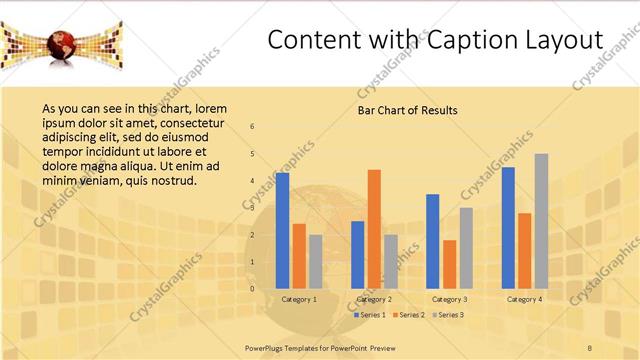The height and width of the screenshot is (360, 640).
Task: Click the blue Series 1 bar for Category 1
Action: tap(283, 231)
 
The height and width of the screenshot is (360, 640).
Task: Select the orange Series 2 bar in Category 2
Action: tap(374, 229)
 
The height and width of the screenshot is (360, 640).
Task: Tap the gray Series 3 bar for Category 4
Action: tap(541, 221)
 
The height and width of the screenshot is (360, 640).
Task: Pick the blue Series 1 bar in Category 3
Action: tap(433, 241)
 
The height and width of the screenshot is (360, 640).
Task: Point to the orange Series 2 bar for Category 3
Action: tap(449, 264)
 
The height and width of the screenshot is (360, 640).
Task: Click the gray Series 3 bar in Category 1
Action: tap(316, 261)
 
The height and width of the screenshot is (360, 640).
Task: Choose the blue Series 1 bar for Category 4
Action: tap(508, 228)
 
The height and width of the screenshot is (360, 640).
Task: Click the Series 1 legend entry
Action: tap(373, 315)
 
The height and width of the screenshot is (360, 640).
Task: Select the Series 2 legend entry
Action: tap(410, 315)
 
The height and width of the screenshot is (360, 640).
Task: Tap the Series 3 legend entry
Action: tap(447, 315)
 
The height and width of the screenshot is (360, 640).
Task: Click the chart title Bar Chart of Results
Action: tap(408, 110)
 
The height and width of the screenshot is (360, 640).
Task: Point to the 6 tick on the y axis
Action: tap(252, 126)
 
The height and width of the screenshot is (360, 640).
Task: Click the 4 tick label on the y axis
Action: tap(252, 181)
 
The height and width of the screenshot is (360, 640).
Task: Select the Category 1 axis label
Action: tap(299, 299)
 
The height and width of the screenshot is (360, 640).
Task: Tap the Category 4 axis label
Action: tap(524, 299)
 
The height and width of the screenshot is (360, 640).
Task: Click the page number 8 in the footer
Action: tap(589, 346)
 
